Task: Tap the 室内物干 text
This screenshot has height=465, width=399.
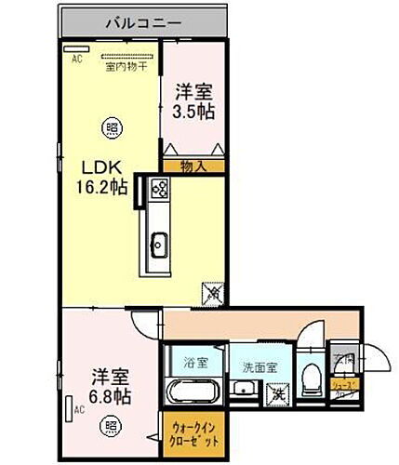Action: [x=122, y=66]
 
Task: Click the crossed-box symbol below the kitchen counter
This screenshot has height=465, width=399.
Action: [x=212, y=292]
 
